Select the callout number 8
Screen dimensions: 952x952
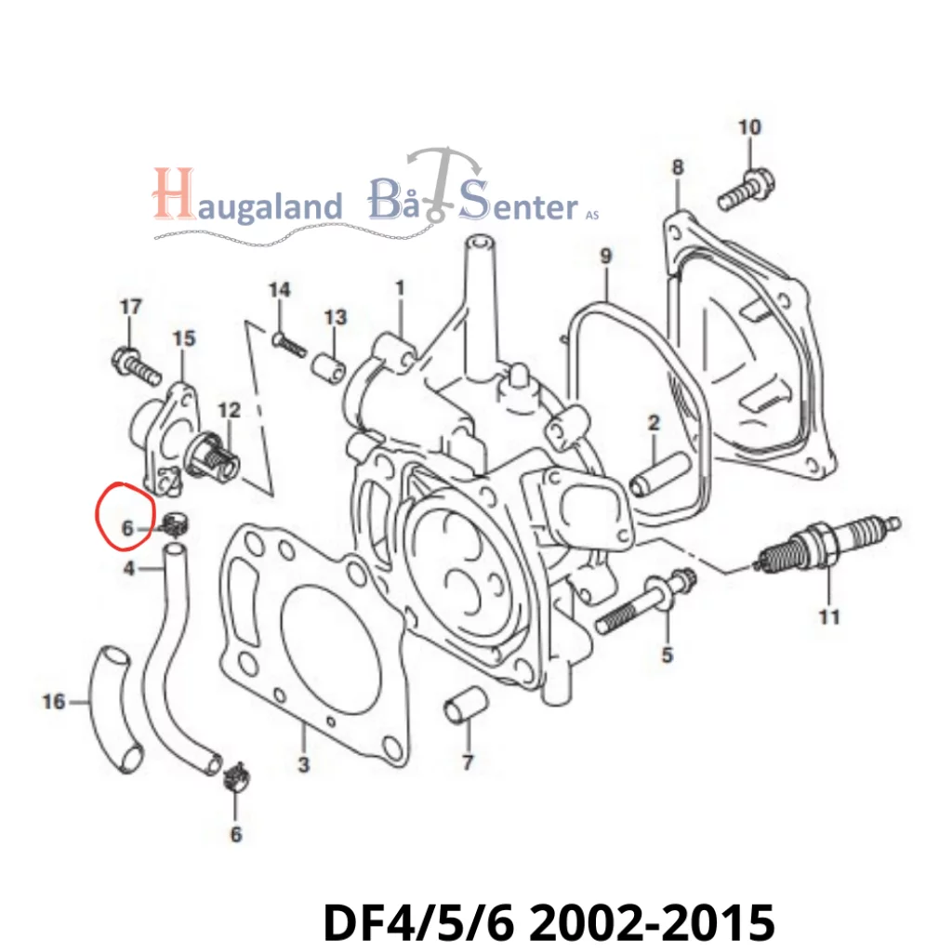click(677, 167)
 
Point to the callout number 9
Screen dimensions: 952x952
click(605, 254)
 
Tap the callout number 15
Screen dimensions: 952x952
click(184, 338)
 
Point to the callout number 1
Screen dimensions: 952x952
click(400, 288)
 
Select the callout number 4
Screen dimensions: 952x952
click(129, 567)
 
